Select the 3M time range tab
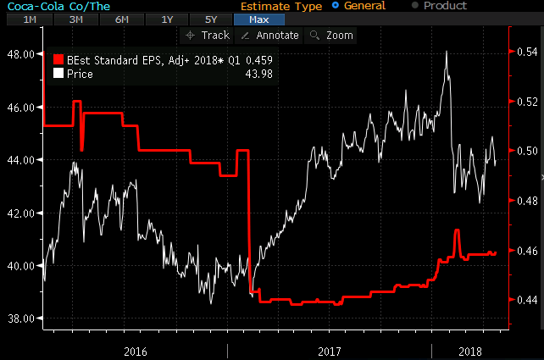point(75,19)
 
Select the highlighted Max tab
point(258,19)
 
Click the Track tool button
point(207,35)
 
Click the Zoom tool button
point(331,35)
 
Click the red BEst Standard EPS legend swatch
point(58,60)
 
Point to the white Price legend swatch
point(58,74)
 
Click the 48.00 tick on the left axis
point(19,54)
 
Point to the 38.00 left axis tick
point(19,318)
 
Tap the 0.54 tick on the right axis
point(526,53)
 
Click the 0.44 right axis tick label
point(526,300)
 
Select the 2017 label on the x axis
point(329,350)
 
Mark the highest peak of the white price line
point(447,52)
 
